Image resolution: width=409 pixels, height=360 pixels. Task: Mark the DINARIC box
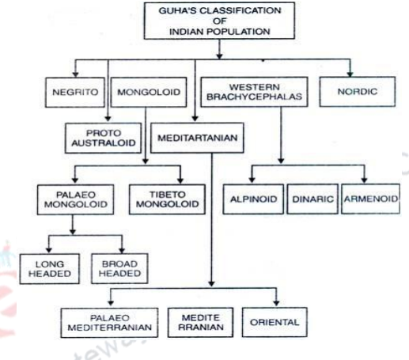pos(312,198)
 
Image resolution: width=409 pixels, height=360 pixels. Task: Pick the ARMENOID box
pos(368,198)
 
